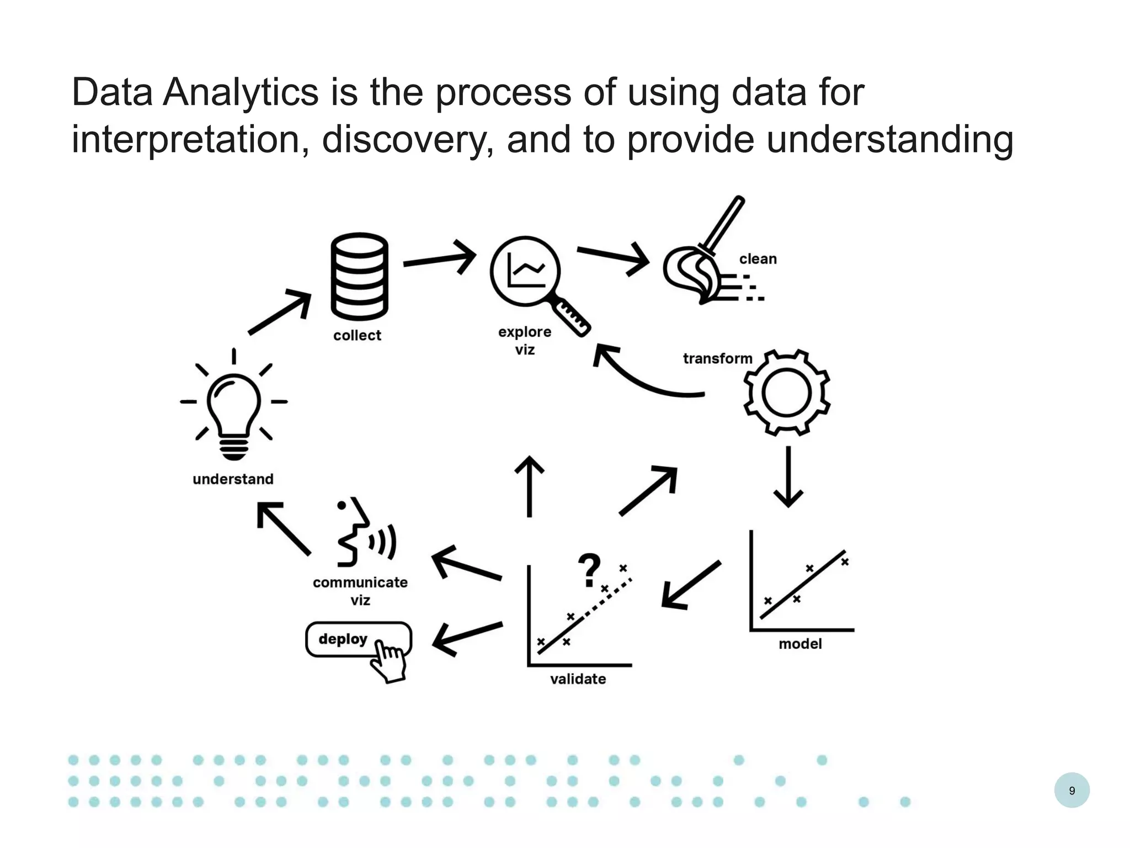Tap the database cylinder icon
[x=359, y=277]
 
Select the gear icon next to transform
[x=786, y=393]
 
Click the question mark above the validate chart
[x=589, y=570]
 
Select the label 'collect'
[x=357, y=336]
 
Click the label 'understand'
[x=233, y=479]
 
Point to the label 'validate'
[x=578, y=679]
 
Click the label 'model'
[x=800, y=644]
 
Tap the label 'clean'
[x=758, y=259]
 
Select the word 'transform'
[x=717, y=359]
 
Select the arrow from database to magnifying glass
[x=440, y=258]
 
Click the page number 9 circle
[x=1072, y=790]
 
